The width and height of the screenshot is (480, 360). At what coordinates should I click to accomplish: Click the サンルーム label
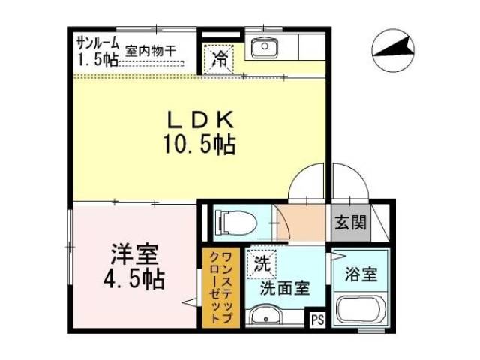(x=97, y=40)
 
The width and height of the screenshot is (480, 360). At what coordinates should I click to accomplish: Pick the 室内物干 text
(x=151, y=51)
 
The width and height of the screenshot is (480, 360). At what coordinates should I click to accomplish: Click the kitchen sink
(x=264, y=49)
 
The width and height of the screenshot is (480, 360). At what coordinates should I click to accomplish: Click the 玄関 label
(x=350, y=223)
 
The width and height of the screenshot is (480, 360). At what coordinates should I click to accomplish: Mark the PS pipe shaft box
(x=317, y=320)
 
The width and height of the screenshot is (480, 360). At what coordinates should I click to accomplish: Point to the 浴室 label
(x=361, y=274)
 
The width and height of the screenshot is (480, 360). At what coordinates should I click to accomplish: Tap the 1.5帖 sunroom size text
(x=95, y=57)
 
